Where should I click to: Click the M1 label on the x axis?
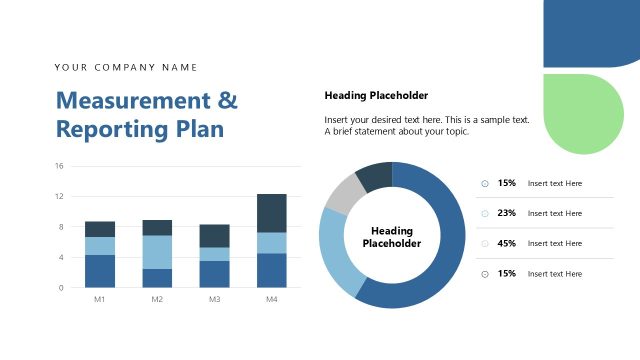100,299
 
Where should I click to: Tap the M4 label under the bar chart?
272,299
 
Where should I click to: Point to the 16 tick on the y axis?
59,166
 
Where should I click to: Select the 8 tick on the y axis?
61,227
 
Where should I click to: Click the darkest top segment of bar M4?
272,213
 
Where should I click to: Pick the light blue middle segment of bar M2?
157,252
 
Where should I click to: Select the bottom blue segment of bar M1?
100,271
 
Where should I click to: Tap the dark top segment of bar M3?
215,236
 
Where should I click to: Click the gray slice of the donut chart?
343,193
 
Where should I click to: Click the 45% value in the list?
507,243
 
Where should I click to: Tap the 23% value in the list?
507,213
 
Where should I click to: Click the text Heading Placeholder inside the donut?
392,237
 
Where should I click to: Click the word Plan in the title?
200,129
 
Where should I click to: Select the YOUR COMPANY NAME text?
126,67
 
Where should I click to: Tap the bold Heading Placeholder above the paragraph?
376,96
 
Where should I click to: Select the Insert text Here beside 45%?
555,243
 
